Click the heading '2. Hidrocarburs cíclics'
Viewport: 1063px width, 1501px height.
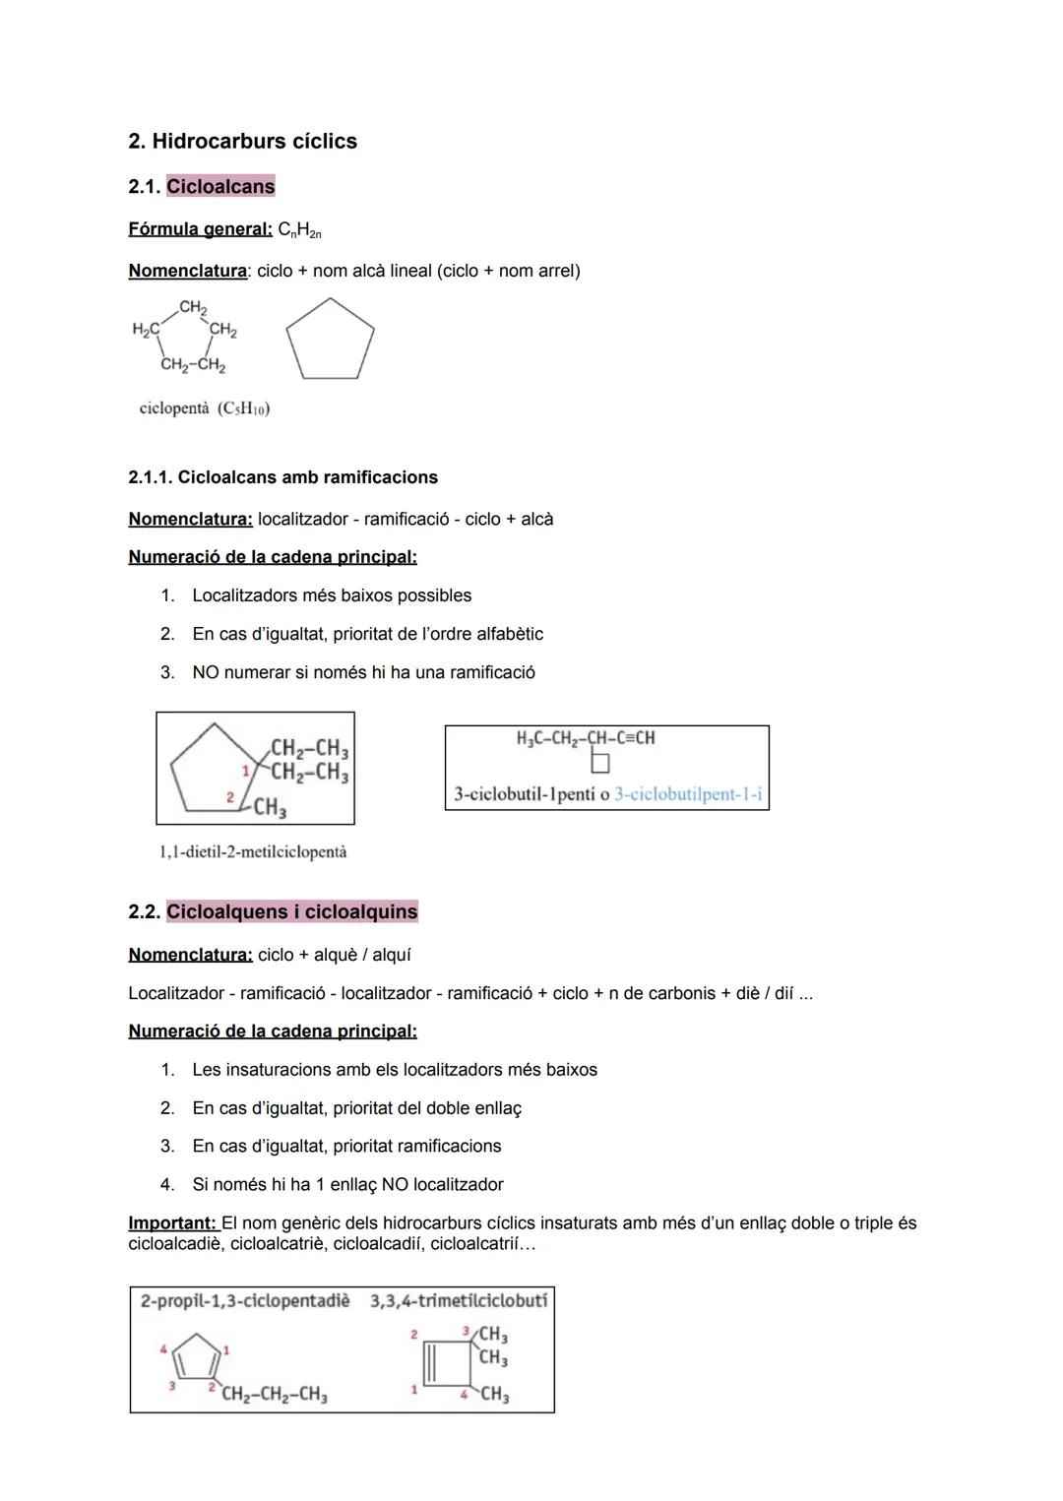tap(242, 142)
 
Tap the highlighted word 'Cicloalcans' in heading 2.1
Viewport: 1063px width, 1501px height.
tap(220, 187)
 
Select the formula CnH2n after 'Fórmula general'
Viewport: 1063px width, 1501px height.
tap(299, 230)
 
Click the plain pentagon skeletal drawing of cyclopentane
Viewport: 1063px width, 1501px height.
tap(331, 341)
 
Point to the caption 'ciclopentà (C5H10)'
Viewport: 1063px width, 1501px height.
tap(205, 408)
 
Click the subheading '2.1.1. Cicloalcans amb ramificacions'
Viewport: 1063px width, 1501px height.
tap(282, 477)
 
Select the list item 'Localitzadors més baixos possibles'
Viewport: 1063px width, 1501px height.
tap(332, 595)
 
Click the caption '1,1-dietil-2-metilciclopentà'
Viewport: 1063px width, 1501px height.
tap(253, 852)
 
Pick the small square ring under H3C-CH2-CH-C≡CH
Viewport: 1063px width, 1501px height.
tap(599, 763)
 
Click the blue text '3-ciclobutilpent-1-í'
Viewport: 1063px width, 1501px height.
tap(689, 794)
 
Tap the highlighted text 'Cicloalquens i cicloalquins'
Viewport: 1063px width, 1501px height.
tap(291, 911)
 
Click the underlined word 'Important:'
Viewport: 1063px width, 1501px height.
tap(172, 1223)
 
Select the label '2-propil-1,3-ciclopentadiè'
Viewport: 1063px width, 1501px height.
tap(245, 1301)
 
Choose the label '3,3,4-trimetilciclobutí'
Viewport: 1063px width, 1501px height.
tap(459, 1301)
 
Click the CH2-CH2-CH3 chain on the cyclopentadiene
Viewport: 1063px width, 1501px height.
tap(275, 1395)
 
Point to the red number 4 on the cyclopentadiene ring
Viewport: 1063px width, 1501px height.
tap(164, 1349)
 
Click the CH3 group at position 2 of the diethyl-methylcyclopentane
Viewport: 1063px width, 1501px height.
tap(269, 809)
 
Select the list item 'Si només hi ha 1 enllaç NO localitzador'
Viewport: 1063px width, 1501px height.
tap(347, 1184)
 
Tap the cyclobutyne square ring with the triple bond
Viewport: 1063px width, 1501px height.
tap(442, 1364)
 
